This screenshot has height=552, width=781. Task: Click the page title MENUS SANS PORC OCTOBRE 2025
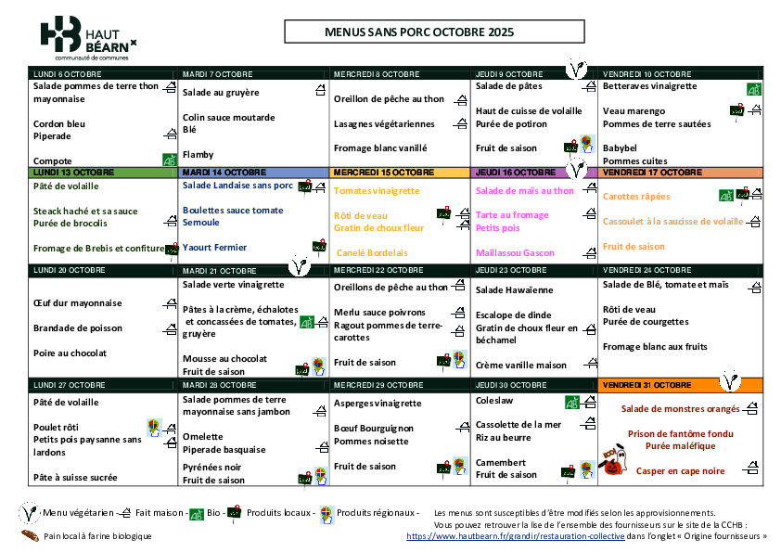(x=418, y=32)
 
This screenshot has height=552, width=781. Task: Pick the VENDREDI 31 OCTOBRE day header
(x=659, y=384)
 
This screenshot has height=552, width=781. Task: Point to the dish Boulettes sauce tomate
(x=233, y=211)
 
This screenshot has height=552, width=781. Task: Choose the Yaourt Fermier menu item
(x=215, y=248)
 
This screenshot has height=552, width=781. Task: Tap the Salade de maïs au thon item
(x=525, y=191)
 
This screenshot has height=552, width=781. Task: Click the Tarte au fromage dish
(x=512, y=215)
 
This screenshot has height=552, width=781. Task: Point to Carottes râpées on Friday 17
(x=636, y=197)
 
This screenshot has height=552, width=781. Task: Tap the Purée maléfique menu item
(x=680, y=446)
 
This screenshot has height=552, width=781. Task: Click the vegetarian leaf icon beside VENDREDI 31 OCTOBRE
(x=731, y=380)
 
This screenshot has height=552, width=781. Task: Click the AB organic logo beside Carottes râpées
(x=726, y=195)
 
